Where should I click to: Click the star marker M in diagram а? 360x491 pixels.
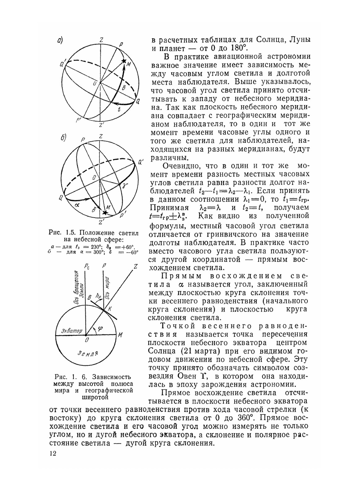pyautogui.click(x=124, y=62)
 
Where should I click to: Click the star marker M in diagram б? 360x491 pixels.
pyautogui.click(x=104, y=213)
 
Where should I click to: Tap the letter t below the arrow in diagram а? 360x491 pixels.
pyautogui.click(x=119, y=110)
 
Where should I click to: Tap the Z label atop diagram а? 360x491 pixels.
pyautogui.click(x=102, y=40)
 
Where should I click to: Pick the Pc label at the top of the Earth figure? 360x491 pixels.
pyautogui.click(x=87, y=266)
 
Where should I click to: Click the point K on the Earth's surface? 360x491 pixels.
pyautogui.click(x=110, y=308)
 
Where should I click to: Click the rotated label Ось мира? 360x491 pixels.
pyautogui.click(x=107, y=287)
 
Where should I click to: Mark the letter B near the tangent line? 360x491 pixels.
pyautogui.click(x=89, y=296)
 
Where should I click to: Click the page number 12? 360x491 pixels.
pyautogui.click(x=53, y=453)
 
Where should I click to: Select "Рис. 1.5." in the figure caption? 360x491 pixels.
pyautogui.click(x=62, y=232)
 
